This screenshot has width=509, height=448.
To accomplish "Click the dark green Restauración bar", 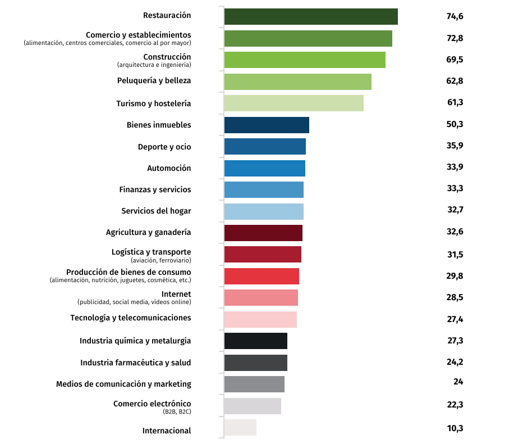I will pyautogui.click(x=311, y=17).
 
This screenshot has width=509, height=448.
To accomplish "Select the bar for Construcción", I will pyautogui.click(x=305, y=60).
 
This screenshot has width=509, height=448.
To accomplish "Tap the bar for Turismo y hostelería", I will pyautogui.click(x=294, y=103).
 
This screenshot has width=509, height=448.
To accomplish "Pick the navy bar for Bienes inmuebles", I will pyautogui.click(x=267, y=125).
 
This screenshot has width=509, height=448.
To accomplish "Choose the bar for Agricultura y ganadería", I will pyautogui.click(x=263, y=233).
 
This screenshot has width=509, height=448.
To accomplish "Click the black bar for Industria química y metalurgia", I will pyautogui.click(x=255, y=341).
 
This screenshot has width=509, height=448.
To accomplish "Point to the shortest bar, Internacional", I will pyautogui.click(x=240, y=427).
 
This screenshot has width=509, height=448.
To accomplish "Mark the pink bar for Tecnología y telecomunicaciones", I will pyautogui.click(x=260, y=319).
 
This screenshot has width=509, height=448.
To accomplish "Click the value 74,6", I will pyautogui.click(x=455, y=16).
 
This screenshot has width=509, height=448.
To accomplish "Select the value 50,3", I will pyautogui.click(x=455, y=124).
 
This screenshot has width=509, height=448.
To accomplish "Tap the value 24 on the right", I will pyautogui.click(x=458, y=382).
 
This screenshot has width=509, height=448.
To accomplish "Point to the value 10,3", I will pyautogui.click(x=455, y=428).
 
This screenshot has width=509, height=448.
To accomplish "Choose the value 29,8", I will pyautogui.click(x=455, y=276).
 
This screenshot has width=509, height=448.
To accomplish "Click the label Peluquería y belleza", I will pyautogui.click(x=154, y=80).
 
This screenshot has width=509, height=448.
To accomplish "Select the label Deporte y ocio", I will pyautogui.click(x=164, y=147).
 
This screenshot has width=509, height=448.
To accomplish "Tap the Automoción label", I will pyautogui.click(x=169, y=168).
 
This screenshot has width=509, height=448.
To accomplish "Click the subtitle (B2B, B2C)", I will pyautogui.click(x=177, y=412).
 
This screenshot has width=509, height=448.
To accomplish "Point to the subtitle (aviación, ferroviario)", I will pyautogui.click(x=161, y=260).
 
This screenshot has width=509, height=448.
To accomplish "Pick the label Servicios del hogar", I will pyautogui.click(x=156, y=211).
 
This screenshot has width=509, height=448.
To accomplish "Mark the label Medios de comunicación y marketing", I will pyautogui.click(x=123, y=384).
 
